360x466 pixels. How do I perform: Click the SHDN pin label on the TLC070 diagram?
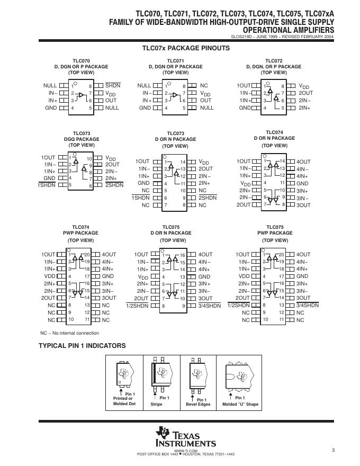pos(113,86)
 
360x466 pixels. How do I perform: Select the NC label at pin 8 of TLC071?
pos(204,86)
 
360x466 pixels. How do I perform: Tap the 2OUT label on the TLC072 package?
pos(306,93)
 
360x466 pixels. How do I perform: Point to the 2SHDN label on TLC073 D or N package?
pos(208,198)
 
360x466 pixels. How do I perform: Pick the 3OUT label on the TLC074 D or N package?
pos(303,205)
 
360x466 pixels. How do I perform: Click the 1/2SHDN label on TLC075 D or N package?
pos(137,306)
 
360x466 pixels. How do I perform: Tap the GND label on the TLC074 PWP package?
pos(108,276)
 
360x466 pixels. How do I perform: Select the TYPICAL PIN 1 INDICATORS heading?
pos(82,346)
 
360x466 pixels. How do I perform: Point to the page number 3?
pos(334,450)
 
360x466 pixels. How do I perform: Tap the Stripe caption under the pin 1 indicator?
pos(156,404)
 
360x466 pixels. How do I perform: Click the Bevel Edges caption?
pos(198,404)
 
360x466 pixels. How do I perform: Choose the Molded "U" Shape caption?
pos(240,404)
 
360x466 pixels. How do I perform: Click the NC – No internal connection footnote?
pos(70,333)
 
